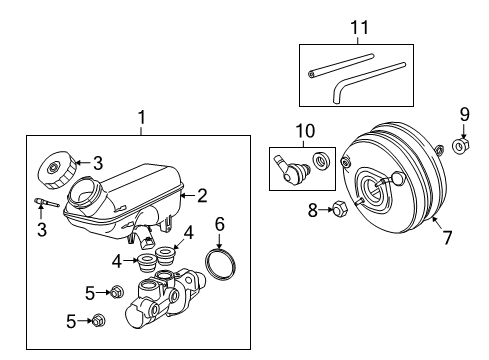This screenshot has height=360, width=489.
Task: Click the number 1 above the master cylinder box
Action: click(x=140, y=117)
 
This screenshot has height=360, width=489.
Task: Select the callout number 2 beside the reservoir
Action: click(x=202, y=196)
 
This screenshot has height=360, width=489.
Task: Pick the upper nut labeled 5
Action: click(x=116, y=292)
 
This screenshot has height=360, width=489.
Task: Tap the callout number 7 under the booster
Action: click(x=448, y=238)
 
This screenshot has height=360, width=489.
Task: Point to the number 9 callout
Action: click(x=463, y=113)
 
